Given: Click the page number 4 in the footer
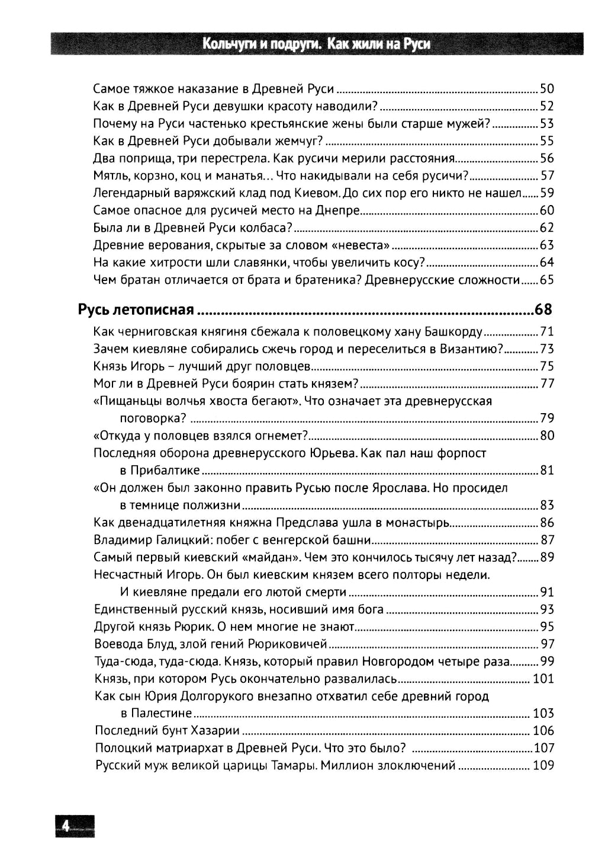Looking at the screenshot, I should tap(66, 825).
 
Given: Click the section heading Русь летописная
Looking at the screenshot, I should tap(136, 309).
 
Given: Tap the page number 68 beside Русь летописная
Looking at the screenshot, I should tap(543, 309).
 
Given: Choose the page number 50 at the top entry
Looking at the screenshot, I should tap(546, 90).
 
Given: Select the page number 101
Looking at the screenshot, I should tap(543, 679).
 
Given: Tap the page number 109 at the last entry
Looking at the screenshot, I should tap(543, 765).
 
